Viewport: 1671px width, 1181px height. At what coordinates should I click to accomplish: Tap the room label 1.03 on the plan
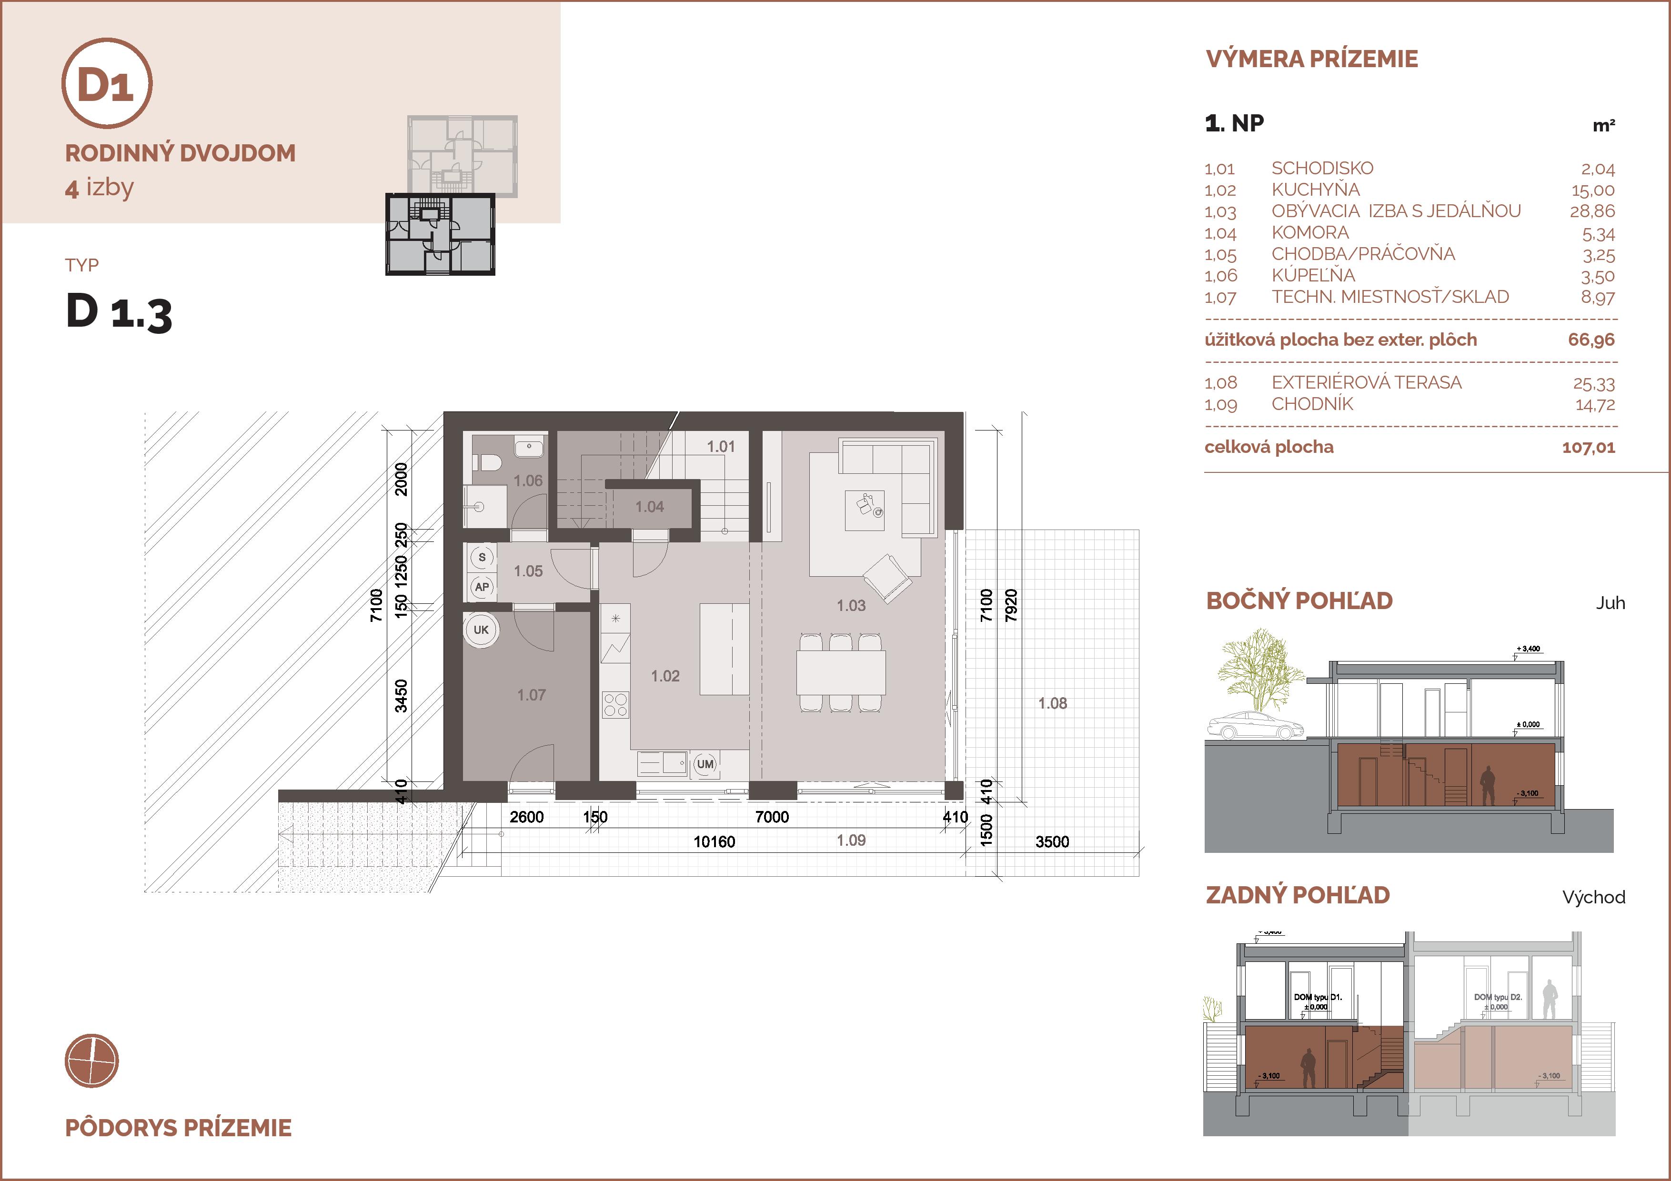point(851,605)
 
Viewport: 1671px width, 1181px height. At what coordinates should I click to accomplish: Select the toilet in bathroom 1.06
point(488,462)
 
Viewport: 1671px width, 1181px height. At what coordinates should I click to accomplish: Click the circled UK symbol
point(481,630)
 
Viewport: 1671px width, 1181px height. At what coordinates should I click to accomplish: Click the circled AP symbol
point(482,587)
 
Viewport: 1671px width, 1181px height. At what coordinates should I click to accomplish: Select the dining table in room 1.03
point(841,672)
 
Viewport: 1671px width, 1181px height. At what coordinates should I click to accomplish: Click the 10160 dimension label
point(714,842)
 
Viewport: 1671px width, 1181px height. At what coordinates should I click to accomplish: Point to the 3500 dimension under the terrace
point(1052,842)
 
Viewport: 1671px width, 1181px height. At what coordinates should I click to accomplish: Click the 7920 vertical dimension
point(1011,605)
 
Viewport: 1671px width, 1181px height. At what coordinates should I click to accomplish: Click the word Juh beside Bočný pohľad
point(1610,603)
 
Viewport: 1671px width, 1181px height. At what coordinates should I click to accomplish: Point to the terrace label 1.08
point(1052,703)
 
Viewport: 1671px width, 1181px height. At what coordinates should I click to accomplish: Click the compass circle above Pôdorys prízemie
point(92,1061)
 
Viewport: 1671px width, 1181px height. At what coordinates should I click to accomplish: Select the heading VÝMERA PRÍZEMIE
point(1311,59)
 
